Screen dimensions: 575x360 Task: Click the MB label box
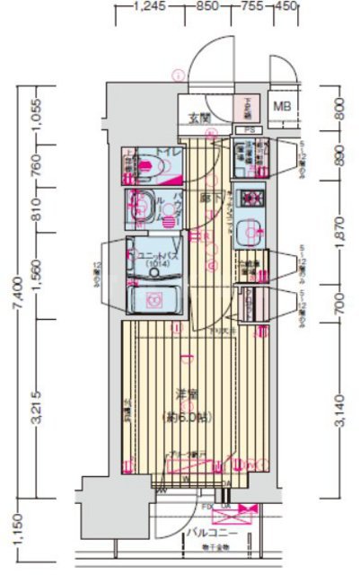[x=283, y=107]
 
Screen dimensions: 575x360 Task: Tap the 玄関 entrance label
[x=199, y=117]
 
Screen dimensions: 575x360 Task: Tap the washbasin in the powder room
[x=141, y=208]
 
